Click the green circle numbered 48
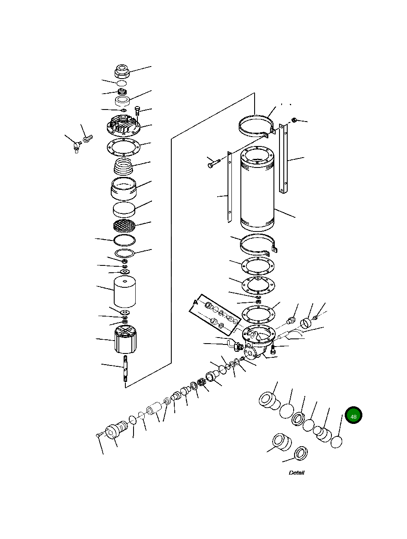tap(353, 416)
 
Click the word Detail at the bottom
tap(296, 472)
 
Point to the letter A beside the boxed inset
tap(195, 302)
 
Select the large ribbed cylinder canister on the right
tap(257, 189)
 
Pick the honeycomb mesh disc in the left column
tap(124, 225)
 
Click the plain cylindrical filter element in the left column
tap(125, 292)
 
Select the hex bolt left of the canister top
tap(213, 164)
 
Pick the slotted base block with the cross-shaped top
tap(126, 339)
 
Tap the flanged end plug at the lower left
tap(115, 431)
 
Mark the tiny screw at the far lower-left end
tap(98, 435)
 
